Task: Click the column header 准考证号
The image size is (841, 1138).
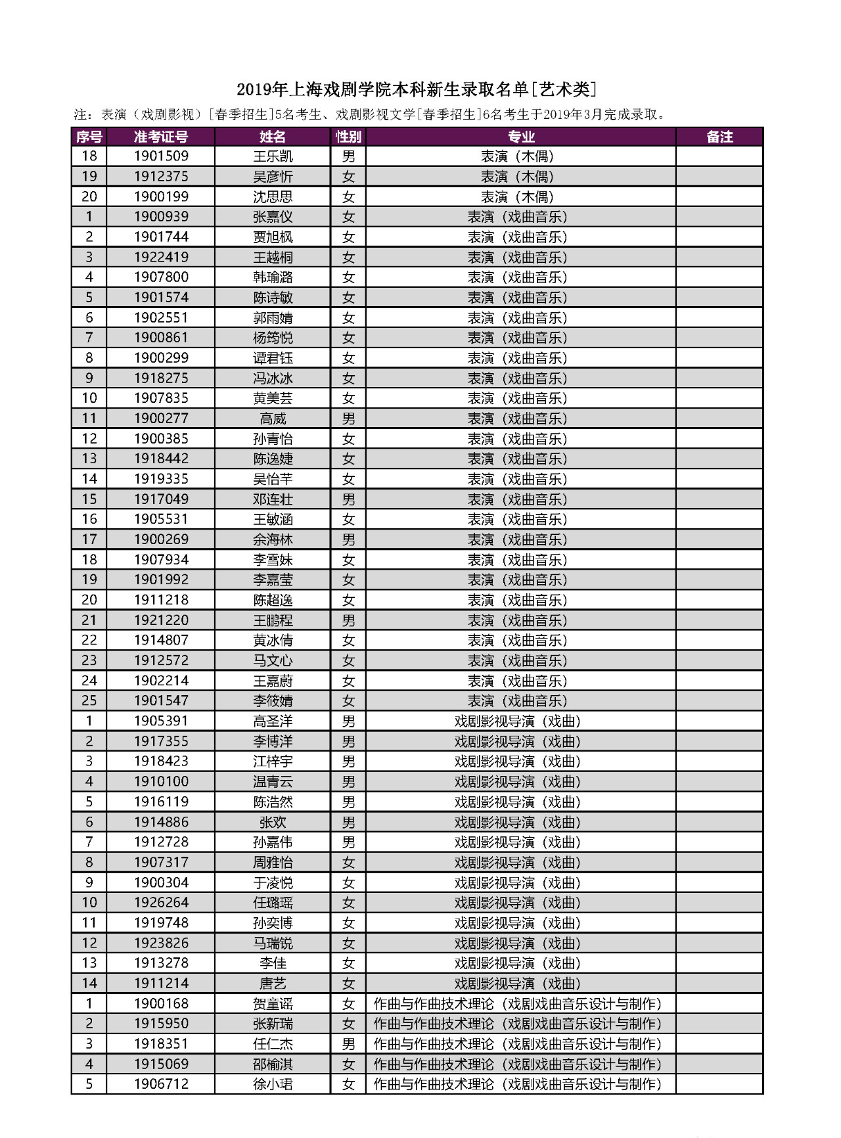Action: tap(161, 137)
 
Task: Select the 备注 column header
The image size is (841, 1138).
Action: tap(719, 137)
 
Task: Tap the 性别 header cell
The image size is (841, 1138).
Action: tap(348, 137)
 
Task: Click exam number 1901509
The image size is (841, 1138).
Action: tap(161, 156)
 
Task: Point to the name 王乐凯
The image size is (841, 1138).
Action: tap(273, 156)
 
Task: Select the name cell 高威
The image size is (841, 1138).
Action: tap(273, 419)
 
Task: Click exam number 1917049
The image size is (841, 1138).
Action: tap(161, 499)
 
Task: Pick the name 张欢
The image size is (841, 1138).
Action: tap(273, 822)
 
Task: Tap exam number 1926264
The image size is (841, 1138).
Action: tap(161, 903)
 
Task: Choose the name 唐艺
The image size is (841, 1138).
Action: tap(273, 984)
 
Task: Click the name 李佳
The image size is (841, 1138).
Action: tap(273, 963)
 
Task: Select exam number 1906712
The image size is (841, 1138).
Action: tap(161, 1084)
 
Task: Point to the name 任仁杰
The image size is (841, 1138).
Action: tap(273, 1044)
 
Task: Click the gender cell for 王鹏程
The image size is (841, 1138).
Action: tap(348, 620)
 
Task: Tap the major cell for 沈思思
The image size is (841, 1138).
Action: tap(517, 196)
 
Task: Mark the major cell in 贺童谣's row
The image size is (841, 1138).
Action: tap(517, 1004)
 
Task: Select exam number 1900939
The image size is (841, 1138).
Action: tap(161, 217)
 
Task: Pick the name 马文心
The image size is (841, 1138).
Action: tap(273, 660)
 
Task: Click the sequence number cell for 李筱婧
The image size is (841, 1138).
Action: tap(89, 701)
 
